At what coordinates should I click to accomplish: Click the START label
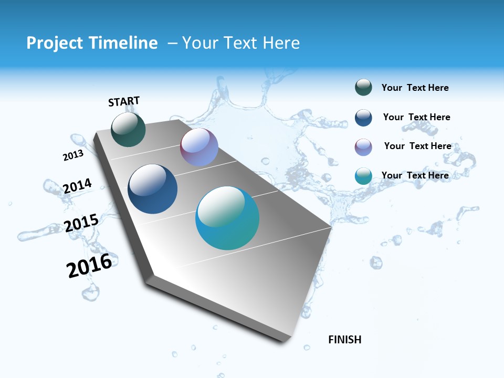click(124, 101)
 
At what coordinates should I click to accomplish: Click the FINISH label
click(344, 340)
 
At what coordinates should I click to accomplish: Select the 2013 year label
click(73, 155)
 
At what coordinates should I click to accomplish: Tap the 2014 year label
click(77, 186)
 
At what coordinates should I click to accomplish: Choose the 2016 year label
click(89, 265)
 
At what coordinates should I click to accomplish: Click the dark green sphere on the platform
click(128, 130)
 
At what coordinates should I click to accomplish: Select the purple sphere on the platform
click(199, 147)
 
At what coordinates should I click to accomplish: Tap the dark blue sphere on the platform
click(152, 189)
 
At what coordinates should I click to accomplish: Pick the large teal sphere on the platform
click(227, 218)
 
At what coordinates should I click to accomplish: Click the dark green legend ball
click(363, 88)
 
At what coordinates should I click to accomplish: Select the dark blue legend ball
click(363, 118)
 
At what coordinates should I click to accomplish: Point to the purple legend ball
click(363, 147)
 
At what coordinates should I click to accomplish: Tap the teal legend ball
click(363, 176)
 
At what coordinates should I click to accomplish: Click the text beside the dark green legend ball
click(415, 88)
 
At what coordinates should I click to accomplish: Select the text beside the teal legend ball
click(415, 175)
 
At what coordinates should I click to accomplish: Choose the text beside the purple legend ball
click(417, 146)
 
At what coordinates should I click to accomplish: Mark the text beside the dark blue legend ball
click(416, 117)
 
